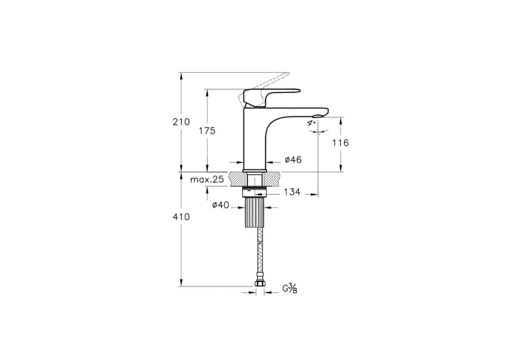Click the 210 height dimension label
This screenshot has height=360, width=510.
[181, 122]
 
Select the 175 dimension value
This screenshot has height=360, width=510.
[207, 131]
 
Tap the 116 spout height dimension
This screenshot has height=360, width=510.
[341, 143]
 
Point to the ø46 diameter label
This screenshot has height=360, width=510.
[293, 160]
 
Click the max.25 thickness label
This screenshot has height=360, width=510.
[207, 179]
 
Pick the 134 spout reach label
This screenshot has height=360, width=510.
[292, 192]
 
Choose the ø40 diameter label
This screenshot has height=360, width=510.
[221, 205]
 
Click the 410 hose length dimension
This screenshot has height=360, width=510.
[181, 217]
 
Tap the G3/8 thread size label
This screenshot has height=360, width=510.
[289, 289]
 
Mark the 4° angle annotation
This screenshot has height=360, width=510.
[311, 122]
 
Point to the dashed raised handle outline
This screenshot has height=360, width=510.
[268, 81]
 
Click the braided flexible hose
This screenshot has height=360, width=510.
[259, 251]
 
